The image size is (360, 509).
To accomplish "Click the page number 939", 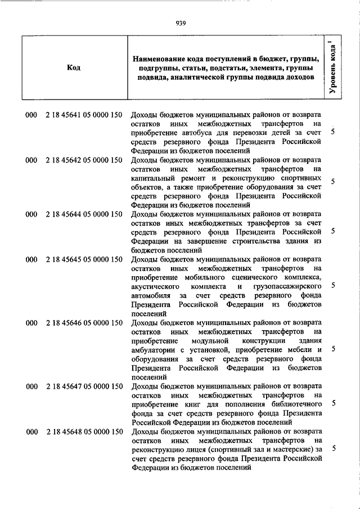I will (x=181, y=23).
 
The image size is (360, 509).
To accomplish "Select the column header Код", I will (x=73, y=67).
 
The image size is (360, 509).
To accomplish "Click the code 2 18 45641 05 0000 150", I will (x=84, y=115).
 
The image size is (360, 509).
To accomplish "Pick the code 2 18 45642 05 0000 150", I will (x=84, y=160).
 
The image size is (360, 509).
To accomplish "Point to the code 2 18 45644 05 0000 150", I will (x=84, y=214).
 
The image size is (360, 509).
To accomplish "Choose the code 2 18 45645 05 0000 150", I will (x=84, y=260).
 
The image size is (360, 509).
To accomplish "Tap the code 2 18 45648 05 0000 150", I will (x=84, y=431).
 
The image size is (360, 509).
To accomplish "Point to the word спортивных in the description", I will (x=300, y=178).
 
